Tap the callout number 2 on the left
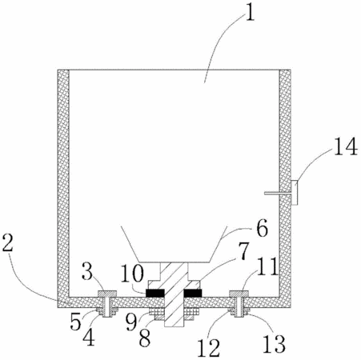coord(8,242)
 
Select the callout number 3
coord(87,270)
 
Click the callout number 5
coord(76,322)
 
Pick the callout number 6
coord(262,229)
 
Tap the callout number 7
coord(243,250)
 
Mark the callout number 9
coord(131,322)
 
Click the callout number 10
coord(132,273)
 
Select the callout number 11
coord(268,266)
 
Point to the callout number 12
coord(209,348)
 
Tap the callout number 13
coord(275,343)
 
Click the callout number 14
coord(346,146)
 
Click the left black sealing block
coord(154,294)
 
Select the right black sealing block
coord(193,294)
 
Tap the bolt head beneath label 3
coord(107,294)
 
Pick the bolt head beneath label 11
coord(239,294)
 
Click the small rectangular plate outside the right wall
coord(294,193)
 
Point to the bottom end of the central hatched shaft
coord(174,327)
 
